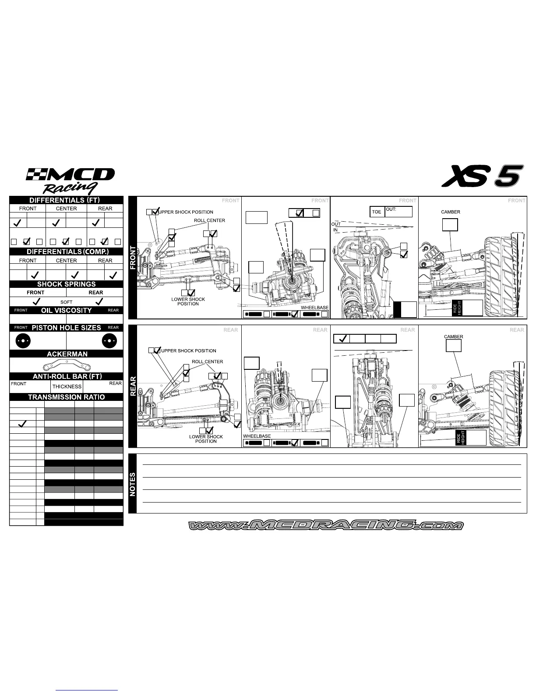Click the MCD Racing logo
pyautogui.click(x=70, y=180)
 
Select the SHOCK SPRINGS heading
pyautogui.click(x=67, y=284)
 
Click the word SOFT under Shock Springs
pyautogui.click(x=67, y=302)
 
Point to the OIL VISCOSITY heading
pyautogui.click(x=67, y=311)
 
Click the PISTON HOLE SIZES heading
pyautogui.click(x=67, y=328)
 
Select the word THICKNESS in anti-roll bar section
pyautogui.click(x=67, y=386)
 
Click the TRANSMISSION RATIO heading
pyautogui.click(x=67, y=397)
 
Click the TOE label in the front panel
pyautogui.click(x=377, y=212)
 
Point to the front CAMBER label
pyautogui.click(x=451, y=212)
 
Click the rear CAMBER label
pyautogui.click(x=454, y=337)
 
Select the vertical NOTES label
pyautogui.click(x=133, y=484)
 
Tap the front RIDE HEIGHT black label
pyautogui.click(x=458, y=308)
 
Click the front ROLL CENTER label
pyautogui.click(x=209, y=220)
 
